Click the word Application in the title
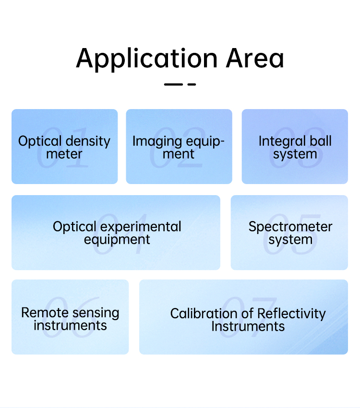[146, 59]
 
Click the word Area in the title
[255, 59]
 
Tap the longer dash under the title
[173, 84]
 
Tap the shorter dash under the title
[192, 84]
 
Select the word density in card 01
[88, 142]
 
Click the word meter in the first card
[64, 154]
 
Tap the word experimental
[141, 227]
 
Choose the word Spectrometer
[290, 227]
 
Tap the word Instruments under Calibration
[248, 326]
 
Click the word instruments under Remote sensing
[70, 325]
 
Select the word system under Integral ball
[295, 155]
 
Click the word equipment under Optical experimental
[117, 240]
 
